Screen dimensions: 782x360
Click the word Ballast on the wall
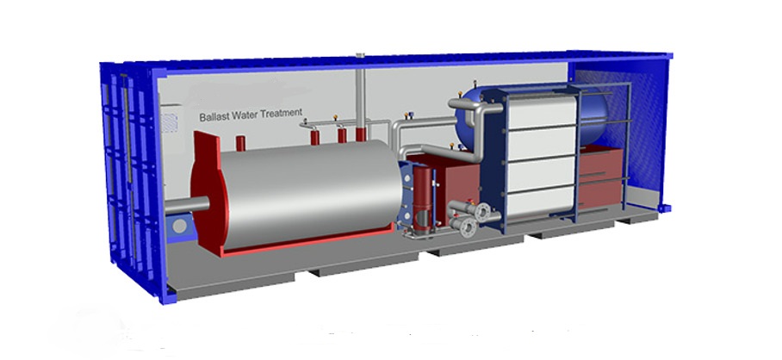pos(214,117)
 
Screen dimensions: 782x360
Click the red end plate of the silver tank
pos(206,195)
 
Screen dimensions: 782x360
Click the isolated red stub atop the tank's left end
pos(240,143)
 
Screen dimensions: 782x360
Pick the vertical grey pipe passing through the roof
pos(360,95)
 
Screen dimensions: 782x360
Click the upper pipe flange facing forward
pos(482,212)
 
